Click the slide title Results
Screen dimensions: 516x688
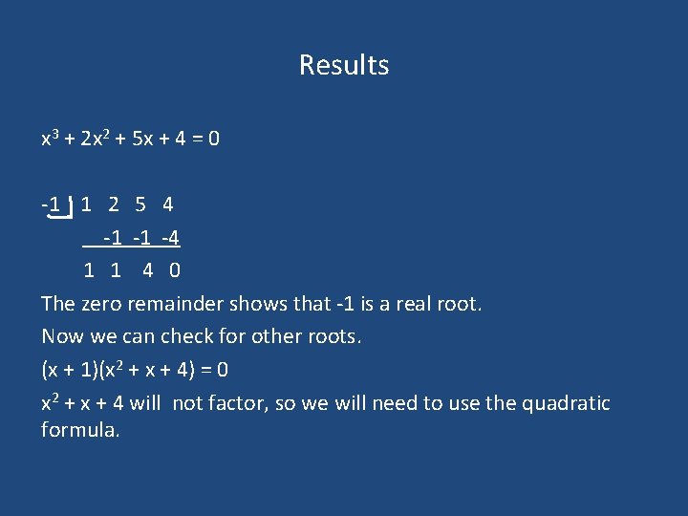[344, 65]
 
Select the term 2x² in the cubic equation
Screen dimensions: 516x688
[97, 139]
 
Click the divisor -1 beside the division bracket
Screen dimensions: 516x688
[52, 204]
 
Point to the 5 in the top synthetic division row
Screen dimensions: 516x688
[140, 204]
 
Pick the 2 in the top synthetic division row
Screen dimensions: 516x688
[114, 204]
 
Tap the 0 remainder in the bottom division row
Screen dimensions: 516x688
[175, 270]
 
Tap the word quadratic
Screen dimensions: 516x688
[566, 403]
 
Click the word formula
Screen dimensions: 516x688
[80, 431]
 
